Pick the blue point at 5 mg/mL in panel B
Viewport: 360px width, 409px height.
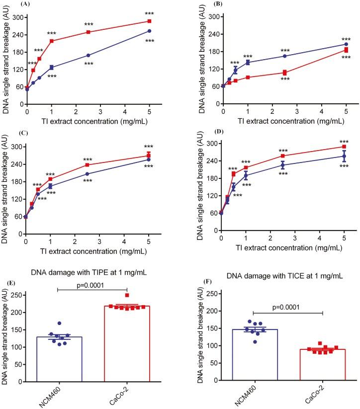346,44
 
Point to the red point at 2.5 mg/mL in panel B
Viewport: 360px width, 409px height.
284,73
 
